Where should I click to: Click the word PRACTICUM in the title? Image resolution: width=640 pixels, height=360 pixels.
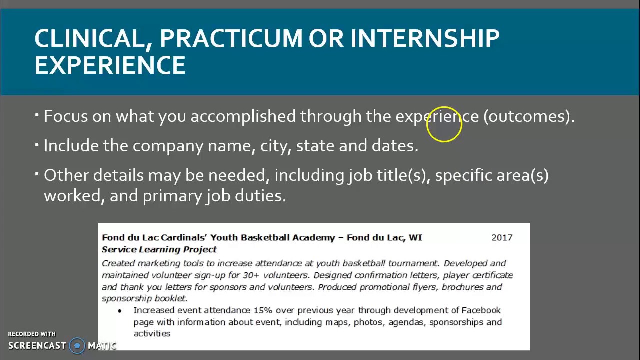pos(231,38)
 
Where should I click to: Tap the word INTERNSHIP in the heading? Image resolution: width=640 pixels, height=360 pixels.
pos(425,38)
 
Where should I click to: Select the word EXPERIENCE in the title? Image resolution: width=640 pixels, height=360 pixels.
pos(110,65)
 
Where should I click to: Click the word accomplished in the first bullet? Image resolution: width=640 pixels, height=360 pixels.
pos(243,116)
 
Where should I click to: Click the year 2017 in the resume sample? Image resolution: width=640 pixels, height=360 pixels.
pos(502,238)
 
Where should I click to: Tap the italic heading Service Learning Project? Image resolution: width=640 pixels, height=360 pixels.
pos(159,249)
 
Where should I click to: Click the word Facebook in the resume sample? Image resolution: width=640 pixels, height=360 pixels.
pos(481,310)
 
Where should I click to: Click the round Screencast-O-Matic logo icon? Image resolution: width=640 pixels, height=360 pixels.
pos(77,345)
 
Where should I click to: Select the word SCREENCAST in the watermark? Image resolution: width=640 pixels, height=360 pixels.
pos(37,346)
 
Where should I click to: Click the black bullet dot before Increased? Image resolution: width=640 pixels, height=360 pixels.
pos(120,311)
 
